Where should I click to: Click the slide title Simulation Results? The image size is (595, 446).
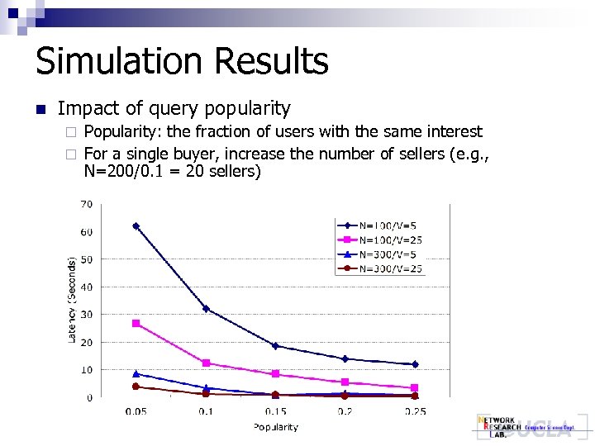point(182,62)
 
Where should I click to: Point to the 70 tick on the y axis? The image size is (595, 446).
point(86,204)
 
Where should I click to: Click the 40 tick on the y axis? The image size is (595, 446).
point(86,287)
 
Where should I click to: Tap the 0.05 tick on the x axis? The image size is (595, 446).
point(136,411)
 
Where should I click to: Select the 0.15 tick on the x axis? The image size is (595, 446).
point(275,411)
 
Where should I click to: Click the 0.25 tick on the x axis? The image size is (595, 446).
point(414,411)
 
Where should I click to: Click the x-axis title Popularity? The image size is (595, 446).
point(275,427)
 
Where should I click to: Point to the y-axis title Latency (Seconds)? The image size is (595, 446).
point(72,298)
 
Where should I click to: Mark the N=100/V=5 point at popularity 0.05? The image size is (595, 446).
point(136,225)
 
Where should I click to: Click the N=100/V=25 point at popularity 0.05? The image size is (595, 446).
point(136,323)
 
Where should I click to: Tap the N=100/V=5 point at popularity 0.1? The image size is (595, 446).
point(206,309)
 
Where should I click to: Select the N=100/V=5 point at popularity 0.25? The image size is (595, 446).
point(414,364)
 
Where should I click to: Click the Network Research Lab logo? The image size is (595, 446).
point(524,427)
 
